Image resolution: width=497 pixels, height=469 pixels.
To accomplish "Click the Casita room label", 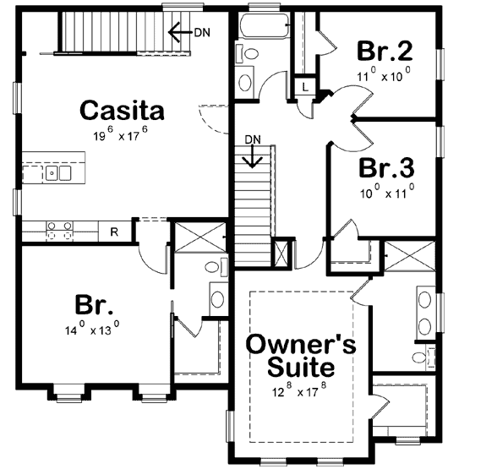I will [x=121, y=109].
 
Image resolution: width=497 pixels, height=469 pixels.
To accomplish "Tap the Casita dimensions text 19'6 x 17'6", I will [x=121, y=134].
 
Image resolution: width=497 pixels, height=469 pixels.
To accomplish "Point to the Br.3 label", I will [x=385, y=166].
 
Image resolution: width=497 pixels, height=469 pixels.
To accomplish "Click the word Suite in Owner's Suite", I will [x=300, y=368].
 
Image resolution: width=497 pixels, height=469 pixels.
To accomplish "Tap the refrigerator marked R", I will [x=113, y=232].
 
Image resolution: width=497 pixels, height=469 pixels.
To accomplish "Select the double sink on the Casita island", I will [x=57, y=173].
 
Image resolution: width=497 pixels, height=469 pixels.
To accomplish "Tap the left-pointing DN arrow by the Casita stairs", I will [x=180, y=32].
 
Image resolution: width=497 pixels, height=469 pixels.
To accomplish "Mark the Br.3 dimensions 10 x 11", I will [x=385, y=189].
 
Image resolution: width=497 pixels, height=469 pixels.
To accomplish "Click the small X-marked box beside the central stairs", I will [x=281, y=254].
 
